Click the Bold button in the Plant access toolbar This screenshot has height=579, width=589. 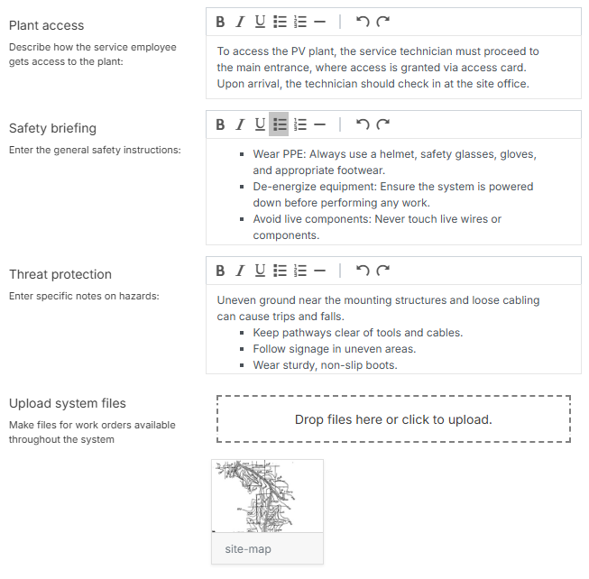[x=221, y=22]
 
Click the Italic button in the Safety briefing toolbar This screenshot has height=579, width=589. [x=240, y=124]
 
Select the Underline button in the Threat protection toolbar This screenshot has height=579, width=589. [x=260, y=271]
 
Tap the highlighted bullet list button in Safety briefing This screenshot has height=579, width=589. [x=280, y=124]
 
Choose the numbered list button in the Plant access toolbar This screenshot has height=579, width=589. [x=300, y=22]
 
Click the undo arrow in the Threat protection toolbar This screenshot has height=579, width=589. [x=363, y=271]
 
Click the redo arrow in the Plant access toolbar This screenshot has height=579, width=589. [x=383, y=22]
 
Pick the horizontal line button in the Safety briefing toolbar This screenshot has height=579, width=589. [x=319, y=124]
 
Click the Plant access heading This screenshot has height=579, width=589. [x=46, y=25]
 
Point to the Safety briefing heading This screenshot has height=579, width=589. [x=52, y=128]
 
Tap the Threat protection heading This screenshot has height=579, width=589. [x=60, y=274]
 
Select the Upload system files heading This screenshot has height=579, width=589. [x=68, y=403]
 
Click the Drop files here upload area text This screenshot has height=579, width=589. [x=393, y=419]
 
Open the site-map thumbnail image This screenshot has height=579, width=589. [x=267, y=496]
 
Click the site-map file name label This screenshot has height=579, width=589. [x=248, y=548]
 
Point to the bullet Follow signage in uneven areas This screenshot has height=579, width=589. [x=334, y=349]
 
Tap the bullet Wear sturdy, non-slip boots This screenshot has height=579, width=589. [x=325, y=365]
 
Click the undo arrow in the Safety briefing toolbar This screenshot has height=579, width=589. [x=363, y=124]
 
